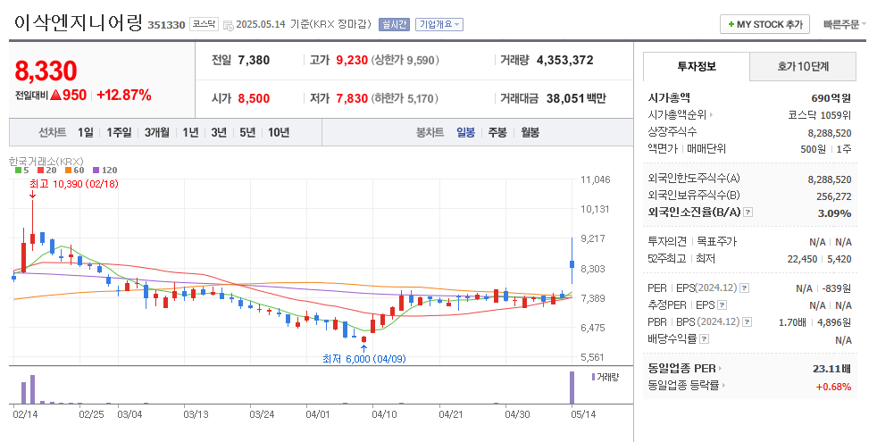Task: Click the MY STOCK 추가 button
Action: (765, 24)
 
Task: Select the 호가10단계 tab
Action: (802, 66)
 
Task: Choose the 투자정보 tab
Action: (697, 66)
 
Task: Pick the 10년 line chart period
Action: (278, 132)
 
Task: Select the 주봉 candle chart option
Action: (497, 132)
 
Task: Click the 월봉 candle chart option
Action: (530, 132)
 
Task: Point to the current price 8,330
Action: (46, 71)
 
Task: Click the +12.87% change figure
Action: (123, 95)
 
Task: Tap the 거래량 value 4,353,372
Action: (564, 61)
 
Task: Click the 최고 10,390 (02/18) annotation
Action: (73, 184)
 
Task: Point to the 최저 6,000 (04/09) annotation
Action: (364, 359)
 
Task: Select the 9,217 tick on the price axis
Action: (594, 238)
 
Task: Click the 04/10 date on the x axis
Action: (384, 414)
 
